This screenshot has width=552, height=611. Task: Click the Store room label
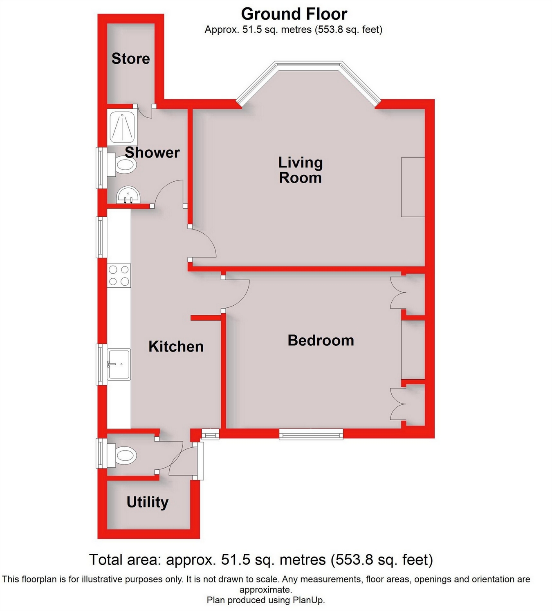tap(130, 59)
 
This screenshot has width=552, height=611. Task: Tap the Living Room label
tap(301, 170)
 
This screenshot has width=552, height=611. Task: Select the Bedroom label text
tap(321, 340)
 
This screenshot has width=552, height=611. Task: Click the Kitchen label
tap(176, 347)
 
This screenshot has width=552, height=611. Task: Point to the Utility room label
tap(147, 502)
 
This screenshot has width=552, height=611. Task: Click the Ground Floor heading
tap(294, 14)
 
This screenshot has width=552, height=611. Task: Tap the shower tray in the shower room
tap(122, 126)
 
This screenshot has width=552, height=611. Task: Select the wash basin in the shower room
tap(128, 195)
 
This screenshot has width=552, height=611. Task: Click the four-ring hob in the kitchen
tap(119, 275)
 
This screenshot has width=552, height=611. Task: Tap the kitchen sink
tap(119, 364)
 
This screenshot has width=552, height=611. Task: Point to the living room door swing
tap(203, 243)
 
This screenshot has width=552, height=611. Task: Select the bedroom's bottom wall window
tap(311, 434)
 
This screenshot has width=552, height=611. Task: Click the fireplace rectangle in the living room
tap(413, 187)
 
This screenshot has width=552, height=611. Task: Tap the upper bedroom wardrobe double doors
tap(397, 293)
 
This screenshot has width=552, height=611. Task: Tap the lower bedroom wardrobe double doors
tap(397, 404)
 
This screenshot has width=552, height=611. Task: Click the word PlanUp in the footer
tap(307, 600)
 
